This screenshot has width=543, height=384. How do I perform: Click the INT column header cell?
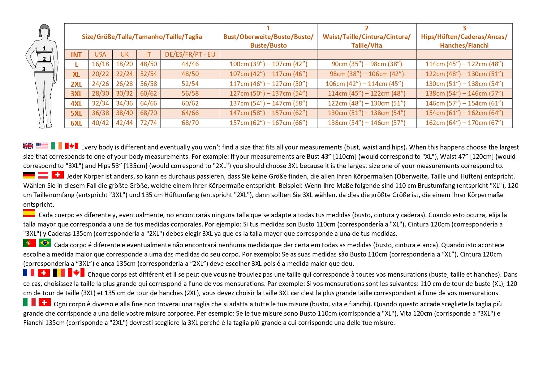coord(76,55)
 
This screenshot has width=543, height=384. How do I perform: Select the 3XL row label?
coord(76,94)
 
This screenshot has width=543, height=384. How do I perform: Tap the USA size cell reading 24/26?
coord(100,84)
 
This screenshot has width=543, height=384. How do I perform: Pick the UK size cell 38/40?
coord(124,113)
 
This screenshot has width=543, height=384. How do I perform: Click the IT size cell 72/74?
coord(149,123)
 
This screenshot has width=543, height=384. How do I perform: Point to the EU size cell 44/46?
coord(190,64)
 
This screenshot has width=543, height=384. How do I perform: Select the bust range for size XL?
coord(268,74)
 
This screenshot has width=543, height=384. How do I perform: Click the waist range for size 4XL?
coord(367,103)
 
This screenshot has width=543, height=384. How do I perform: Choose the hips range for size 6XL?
coord(464,123)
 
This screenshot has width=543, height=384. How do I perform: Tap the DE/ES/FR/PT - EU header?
coord(190,54)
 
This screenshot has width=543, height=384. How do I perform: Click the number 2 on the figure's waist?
coord(44,59)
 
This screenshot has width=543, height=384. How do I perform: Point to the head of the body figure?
coord(45,31)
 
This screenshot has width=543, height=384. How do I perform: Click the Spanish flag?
coord(29,213)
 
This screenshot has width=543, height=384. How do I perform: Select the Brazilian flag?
coord(45,243)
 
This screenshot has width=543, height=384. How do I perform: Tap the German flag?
coord(29,175)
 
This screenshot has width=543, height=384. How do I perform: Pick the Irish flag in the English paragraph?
coord(57,145)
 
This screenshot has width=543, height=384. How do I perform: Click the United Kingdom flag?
coord(28,146)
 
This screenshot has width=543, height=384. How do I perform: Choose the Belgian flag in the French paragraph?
coord(59,273)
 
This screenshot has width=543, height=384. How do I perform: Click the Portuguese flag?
coord(29,243)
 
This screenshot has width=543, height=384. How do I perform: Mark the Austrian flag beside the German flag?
coord(43,175)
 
